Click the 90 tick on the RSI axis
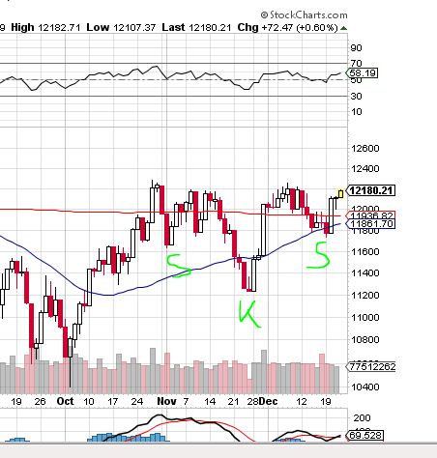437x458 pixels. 357,47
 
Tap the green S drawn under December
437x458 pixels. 316,255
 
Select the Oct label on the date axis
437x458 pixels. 65,399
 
